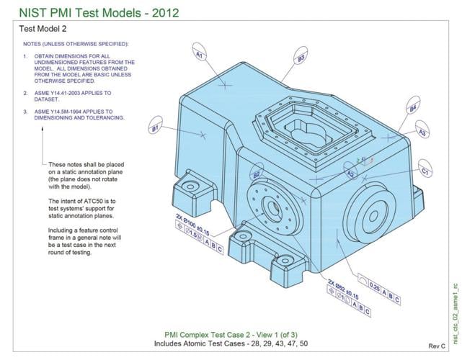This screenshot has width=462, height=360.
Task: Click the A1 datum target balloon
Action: pyautogui.click(x=200, y=54)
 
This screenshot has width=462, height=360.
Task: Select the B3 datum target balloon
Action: pyautogui.click(x=301, y=58)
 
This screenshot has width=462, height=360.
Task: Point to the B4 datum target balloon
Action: pyautogui.click(x=412, y=109)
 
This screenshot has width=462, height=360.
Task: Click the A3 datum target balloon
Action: pyautogui.click(x=423, y=133)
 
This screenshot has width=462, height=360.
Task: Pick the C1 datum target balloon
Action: pyautogui.click(x=425, y=172)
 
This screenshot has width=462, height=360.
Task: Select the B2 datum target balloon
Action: pyautogui.click(x=256, y=175)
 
